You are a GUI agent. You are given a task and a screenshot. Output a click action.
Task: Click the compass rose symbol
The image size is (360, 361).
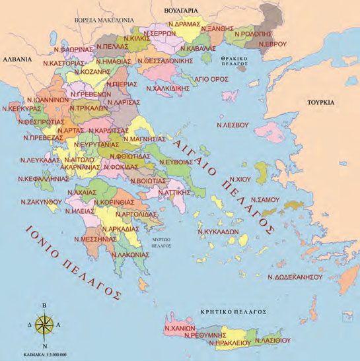coord(45,324)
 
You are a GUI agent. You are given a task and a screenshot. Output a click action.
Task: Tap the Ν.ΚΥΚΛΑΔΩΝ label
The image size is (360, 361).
coord(221,232)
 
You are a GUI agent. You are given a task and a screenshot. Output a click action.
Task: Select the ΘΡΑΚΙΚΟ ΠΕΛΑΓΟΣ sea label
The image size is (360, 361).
coord(235,62)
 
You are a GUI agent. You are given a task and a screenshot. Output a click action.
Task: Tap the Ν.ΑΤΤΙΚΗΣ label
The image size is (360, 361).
coord(170,192)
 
